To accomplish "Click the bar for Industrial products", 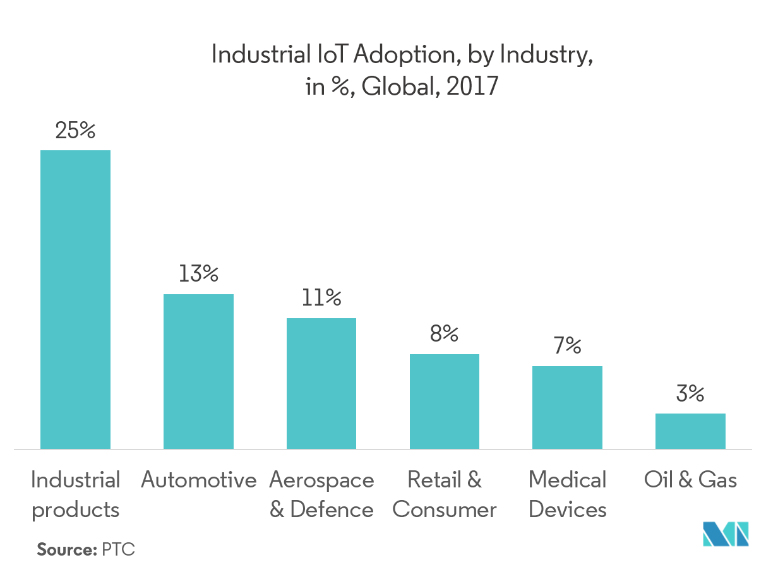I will (75, 299).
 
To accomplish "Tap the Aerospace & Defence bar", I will (321, 383).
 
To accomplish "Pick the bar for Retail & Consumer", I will (444, 402).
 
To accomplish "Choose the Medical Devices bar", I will (567, 407).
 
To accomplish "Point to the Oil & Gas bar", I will (690, 431).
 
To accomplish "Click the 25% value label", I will (75, 131).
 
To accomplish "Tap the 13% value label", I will (198, 275).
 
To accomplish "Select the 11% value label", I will (321, 298).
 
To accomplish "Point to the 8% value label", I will (444, 334).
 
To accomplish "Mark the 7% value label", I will (567, 346).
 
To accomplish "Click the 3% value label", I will (690, 395).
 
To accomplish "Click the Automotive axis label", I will (198, 480).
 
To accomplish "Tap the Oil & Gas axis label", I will (690, 480).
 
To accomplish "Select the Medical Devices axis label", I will (567, 494).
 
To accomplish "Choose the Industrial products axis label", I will (75, 494).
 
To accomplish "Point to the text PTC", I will (118, 549).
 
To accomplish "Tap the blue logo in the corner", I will (726, 534).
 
